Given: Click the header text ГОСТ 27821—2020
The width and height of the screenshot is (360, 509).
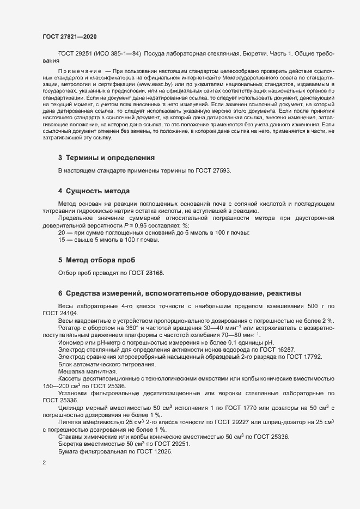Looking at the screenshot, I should coord(70,36).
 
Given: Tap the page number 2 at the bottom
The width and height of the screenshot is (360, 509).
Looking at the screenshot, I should coord(44,463).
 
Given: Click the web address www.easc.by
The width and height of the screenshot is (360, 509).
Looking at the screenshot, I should coord(158,85).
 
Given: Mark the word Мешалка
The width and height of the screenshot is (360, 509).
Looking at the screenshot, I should coord(71,371).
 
